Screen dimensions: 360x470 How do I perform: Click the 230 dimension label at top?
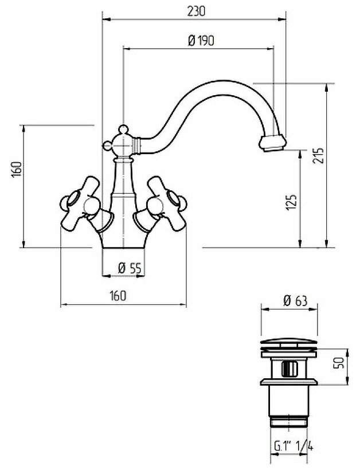click(x=195, y=11)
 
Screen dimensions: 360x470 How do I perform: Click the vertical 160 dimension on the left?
click(x=17, y=170)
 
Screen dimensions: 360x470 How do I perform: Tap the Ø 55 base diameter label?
click(x=129, y=268)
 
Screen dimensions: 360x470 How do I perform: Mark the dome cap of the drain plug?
click(x=289, y=343)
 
